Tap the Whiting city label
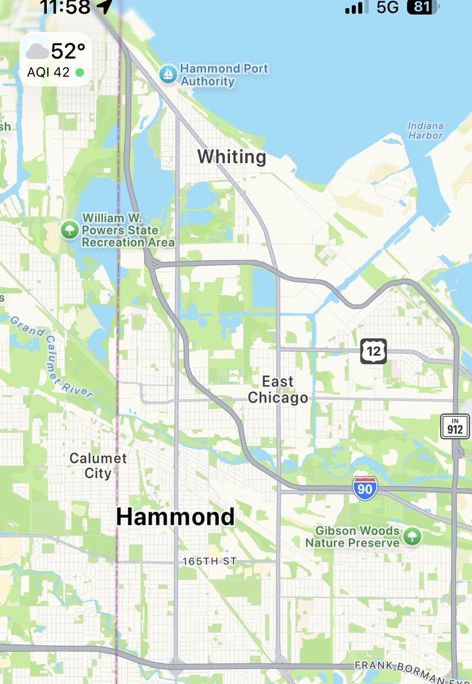click(x=232, y=157)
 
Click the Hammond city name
click(x=175, y=517)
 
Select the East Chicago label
click(x=278, y=390)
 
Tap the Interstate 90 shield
click(x=364, y=488)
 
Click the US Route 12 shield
click(x=374, y=351)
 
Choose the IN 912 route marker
click(x=455, y=426)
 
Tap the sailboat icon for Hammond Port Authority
click(x=168, y=74)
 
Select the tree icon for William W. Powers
click(x=69, y=230)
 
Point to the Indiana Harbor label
click(x=425, y=131)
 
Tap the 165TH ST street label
click(x=209, y=562)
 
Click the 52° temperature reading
click(x=68, y=51)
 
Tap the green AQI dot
click(x=80, y=72)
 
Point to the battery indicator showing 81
click(x=422, y=7)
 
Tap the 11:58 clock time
click(x=65, y=7)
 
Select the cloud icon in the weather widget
click(x=37, y=52)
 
